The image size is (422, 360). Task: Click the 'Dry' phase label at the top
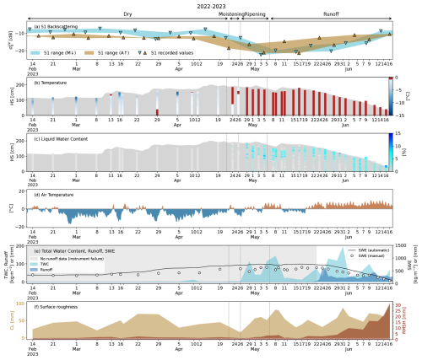pos(127,14)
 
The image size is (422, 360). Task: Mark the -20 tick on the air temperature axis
pos(24,227)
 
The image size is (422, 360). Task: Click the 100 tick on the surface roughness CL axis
pos(23,302)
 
